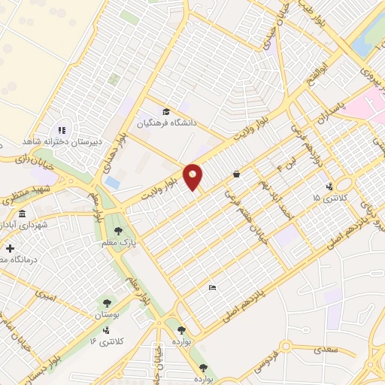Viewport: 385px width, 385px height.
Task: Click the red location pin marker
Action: (x=193, y=176)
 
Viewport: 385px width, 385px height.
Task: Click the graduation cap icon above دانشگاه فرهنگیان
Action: (x=166, y=110)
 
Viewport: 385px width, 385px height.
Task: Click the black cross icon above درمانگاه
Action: (x=9, y=249)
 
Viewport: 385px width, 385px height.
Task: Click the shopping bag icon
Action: (x=237, y=174)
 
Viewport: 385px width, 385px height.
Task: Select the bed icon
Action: (x=213, y=286)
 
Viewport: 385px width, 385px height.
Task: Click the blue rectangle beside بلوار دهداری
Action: (x=112, y=183)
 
